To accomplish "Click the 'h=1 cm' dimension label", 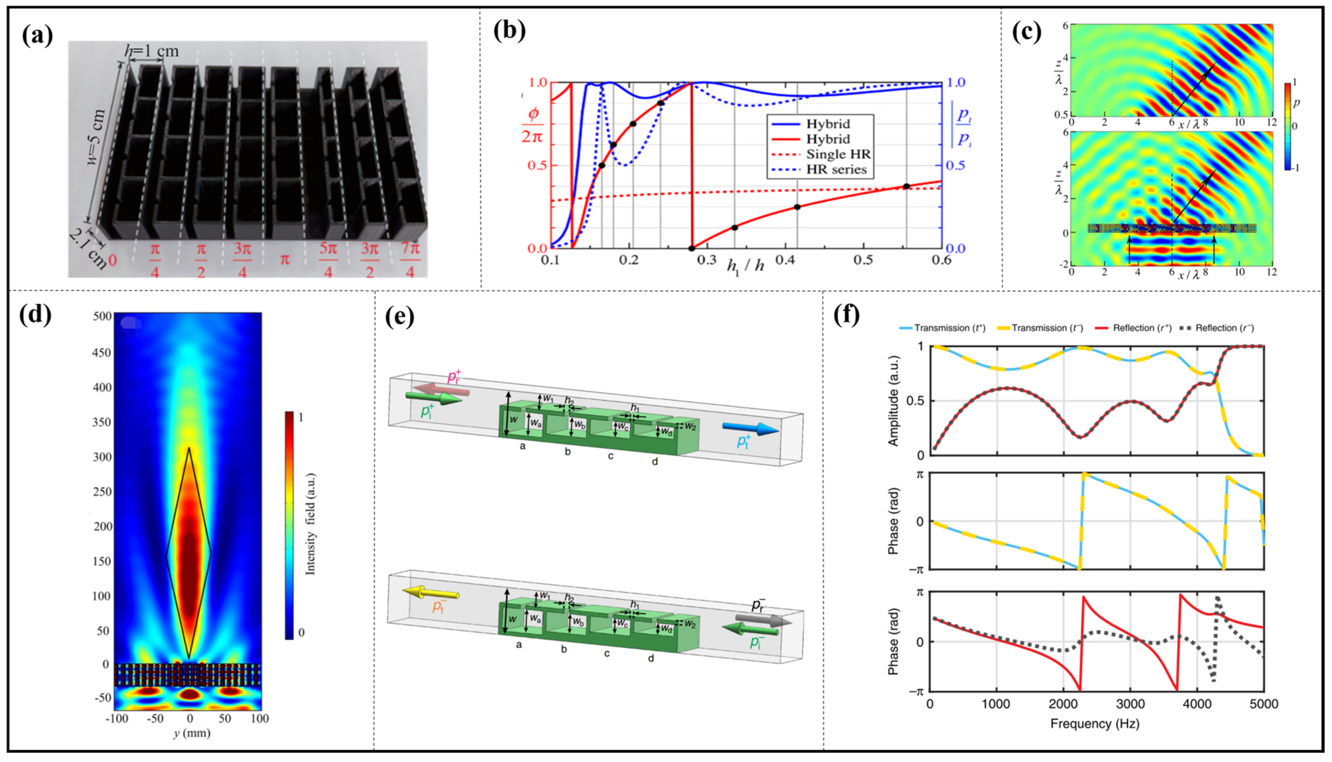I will point(152,51).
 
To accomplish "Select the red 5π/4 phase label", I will point(328,259).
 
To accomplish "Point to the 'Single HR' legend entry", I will point(838,154).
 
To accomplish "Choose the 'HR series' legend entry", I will point(836,170).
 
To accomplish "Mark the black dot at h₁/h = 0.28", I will point(692,249).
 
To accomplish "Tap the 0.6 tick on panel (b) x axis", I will point(941,260).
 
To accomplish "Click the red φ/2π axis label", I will point(533,125).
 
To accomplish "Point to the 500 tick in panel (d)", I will point(103,316).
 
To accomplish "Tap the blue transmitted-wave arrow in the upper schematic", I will point(750,429).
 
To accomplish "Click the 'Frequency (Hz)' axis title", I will point(1094,724).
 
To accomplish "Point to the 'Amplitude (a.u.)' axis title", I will point(893,401).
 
